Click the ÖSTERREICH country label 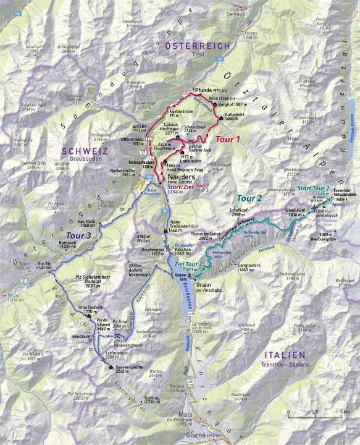197,46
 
